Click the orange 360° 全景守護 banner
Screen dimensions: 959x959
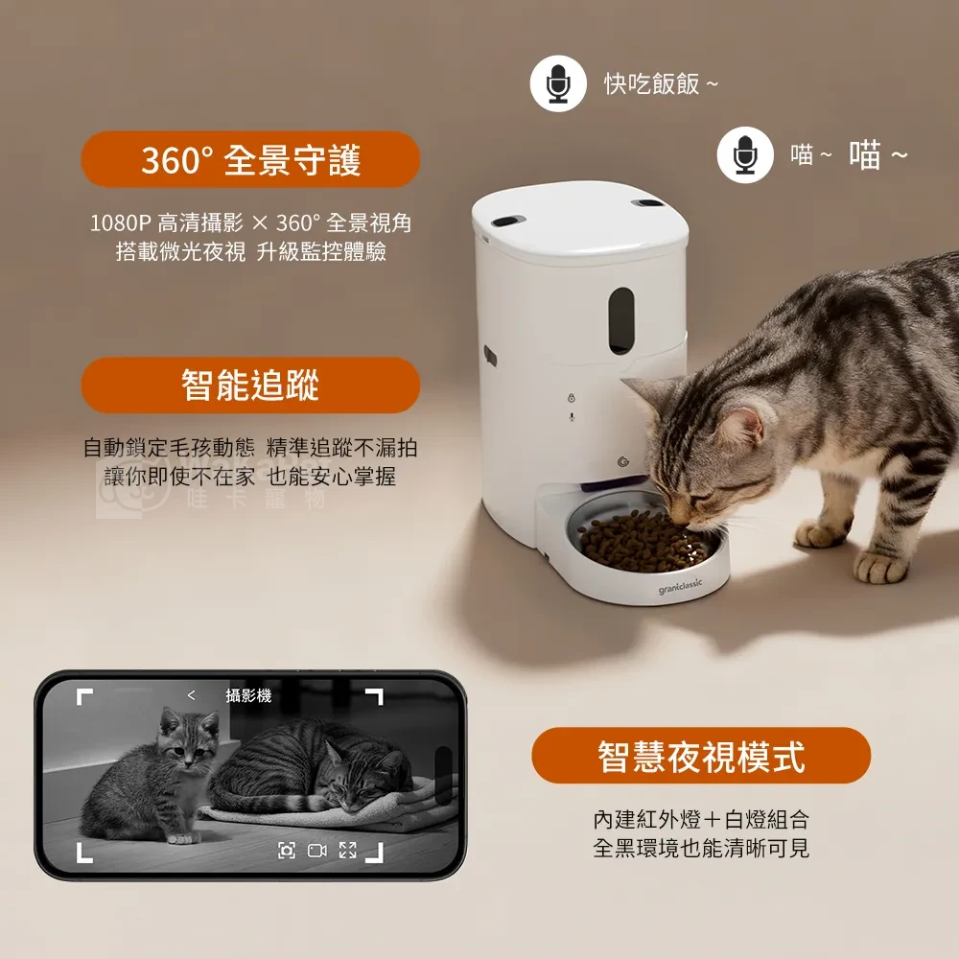click(x=250, y=160)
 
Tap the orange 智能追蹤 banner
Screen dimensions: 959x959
click(x=250, y=385)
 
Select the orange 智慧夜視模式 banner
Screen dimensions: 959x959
click(x=701, y=756)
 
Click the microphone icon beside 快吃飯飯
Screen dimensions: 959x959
click(x=558, y=83)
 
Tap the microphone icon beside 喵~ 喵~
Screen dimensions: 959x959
click(x=745, y=154)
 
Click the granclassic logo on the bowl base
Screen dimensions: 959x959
click(x=680, y=586)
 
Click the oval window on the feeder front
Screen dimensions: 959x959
click(x=622, y=317)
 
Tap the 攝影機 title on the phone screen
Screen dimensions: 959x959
click(x=248, y=696)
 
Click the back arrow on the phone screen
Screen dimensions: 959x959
click(x=191, y=696)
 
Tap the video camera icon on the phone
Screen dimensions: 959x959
click(x=316, y=850)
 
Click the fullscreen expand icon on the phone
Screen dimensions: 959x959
click(x=347, y=850)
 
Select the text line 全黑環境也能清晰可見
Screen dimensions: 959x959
click(x=701, y=849)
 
